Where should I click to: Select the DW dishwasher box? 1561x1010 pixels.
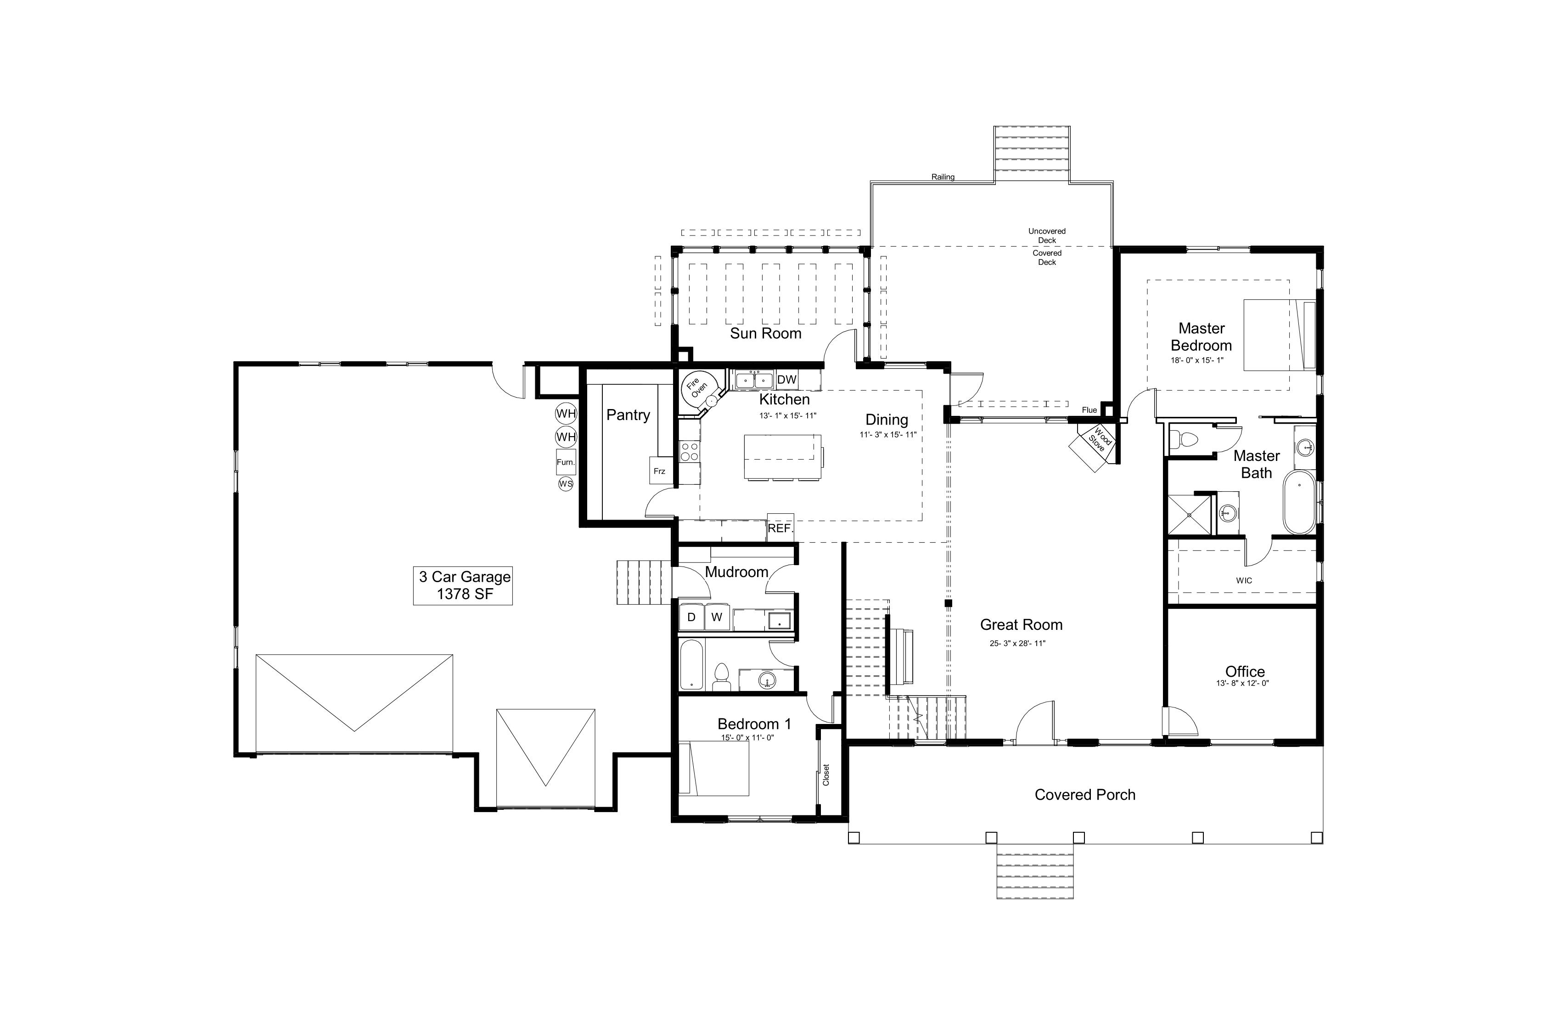point(786,380)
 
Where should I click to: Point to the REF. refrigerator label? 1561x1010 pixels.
point(780,528)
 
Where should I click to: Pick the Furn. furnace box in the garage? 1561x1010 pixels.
point(565,462)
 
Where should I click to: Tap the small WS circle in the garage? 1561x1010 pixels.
point(565,484)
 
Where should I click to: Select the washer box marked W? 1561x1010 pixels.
point(717,617)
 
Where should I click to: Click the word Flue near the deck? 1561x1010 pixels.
point(1089,410)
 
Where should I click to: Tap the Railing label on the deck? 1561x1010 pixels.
point(943,177)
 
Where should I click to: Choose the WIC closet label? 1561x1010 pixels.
point(1244,580)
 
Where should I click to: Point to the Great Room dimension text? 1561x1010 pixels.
point(1017,643)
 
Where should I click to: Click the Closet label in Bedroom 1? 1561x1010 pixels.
point(826,774)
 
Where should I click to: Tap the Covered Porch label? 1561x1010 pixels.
point(1085,795)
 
